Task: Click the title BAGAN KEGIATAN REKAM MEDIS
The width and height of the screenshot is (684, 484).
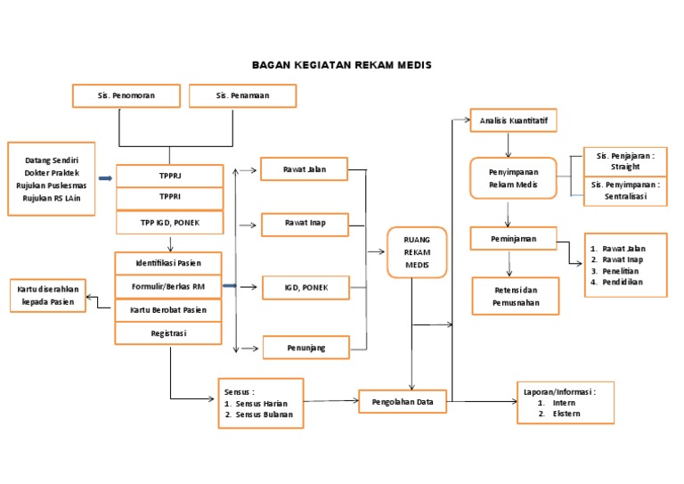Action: point(341,65)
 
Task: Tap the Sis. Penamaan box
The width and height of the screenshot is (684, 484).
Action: point(241,95)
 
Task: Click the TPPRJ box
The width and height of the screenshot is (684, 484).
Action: point(169,176)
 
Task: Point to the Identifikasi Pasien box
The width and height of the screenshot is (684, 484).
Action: point(168,263)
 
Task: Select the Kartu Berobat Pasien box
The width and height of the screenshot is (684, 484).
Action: point(168,310)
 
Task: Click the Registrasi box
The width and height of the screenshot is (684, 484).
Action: point(168,332)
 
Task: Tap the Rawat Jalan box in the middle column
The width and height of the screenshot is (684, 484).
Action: point(304,169)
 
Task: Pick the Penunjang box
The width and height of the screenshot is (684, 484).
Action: point(304,347)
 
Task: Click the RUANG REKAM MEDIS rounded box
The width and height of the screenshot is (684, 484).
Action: point(417,252)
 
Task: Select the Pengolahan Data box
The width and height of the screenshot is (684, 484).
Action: point(402,402)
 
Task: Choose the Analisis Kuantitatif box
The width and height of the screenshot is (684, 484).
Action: point(513,119)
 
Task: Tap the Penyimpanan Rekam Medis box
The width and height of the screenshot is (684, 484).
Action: point(512,177)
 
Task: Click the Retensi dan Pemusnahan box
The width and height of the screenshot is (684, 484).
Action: point(516,297)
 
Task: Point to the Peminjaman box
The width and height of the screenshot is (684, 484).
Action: point(514,239)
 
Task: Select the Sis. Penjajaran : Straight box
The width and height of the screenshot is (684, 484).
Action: point(624,161)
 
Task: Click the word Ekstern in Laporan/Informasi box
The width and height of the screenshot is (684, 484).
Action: point(567,414)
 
